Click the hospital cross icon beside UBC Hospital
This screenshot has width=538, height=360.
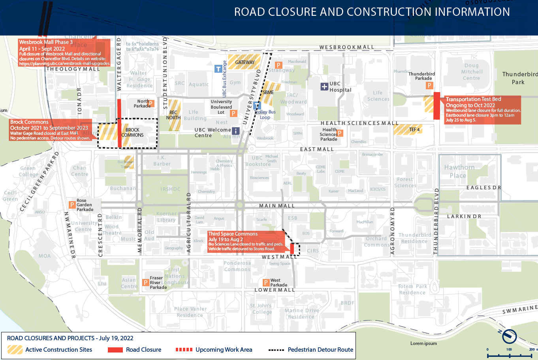[324, 87]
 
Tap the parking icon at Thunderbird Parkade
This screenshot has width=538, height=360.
[429, 85]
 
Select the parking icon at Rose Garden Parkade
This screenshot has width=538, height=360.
[72, 205]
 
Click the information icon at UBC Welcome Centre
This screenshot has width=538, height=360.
[235, 131]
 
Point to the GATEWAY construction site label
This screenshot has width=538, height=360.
[245, 62]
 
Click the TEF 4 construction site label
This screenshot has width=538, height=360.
[414, 130]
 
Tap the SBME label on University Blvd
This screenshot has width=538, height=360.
[268, 92]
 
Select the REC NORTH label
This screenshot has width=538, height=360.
[173, 115]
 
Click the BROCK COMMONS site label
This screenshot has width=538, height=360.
[132, 132]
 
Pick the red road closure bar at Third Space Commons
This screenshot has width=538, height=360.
[292, 249]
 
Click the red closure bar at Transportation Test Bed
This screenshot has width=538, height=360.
[436, 106]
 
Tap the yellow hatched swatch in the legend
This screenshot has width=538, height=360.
[15, 350]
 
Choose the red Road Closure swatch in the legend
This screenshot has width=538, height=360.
[115, 350]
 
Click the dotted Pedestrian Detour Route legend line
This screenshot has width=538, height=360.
[276, 350]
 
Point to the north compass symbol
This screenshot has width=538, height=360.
[509, 336]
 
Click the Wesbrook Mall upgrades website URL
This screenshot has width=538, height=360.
[64, 64]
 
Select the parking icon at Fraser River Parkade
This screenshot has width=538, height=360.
[146, 283]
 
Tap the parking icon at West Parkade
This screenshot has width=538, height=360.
[266, 283]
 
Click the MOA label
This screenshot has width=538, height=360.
[45, 256]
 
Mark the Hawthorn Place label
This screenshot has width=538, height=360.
[459, 172]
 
